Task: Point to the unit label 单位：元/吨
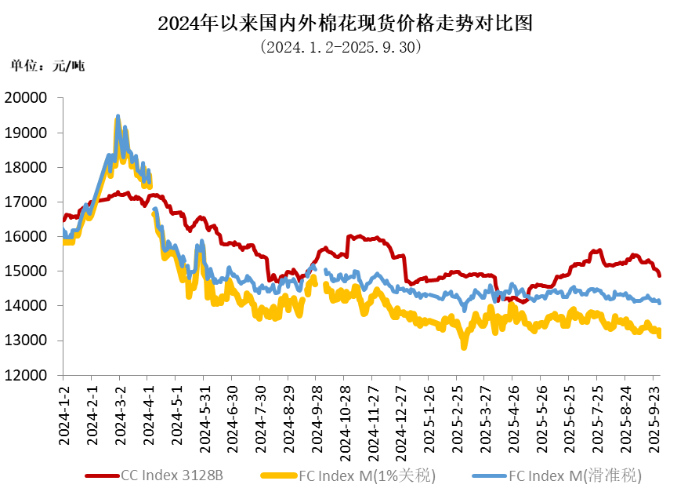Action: [47, 66]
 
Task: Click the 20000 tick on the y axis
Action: [26, 98]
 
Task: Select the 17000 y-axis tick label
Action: [26, 202]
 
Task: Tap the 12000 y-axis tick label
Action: [26, 375]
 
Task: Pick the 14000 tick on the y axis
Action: [26, 306]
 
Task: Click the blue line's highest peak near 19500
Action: [118, 116]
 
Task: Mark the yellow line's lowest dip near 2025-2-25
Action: [464, 347]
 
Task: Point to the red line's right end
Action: [659, 275]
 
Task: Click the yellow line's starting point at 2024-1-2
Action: [64, 242]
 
